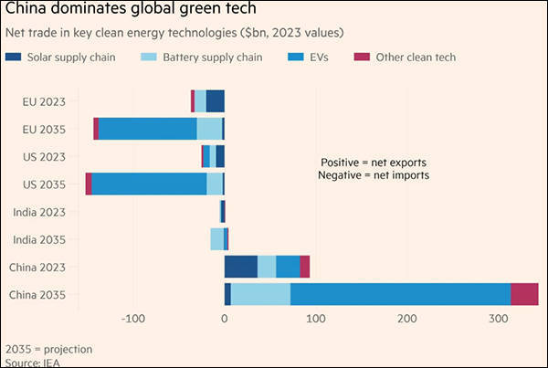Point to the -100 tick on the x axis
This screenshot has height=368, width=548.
[x=133, y=319]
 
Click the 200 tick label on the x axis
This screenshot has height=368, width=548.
[x=406, y=319]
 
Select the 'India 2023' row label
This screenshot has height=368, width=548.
[x=38, y=212]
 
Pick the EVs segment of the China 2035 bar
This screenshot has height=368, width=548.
[x=400, y=294]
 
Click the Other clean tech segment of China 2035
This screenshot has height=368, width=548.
[x=524, y=294]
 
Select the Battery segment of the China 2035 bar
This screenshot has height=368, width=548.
[x=260, y=294]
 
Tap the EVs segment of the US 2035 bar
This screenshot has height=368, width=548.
[x=149, y=184]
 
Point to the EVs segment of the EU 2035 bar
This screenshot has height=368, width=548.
[x=147, y=129]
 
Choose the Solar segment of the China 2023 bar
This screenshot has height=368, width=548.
[x=241, y=267]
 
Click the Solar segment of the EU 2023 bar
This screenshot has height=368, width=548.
[x=215, y=100]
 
